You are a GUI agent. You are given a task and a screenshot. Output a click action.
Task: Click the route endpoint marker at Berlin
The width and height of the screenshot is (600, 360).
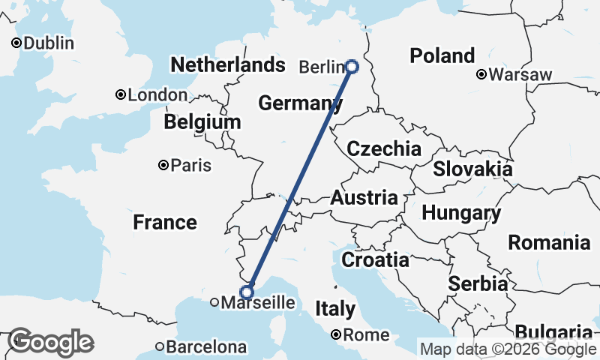point(352,67)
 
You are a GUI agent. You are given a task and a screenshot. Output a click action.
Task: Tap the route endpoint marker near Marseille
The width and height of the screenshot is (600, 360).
point(247,292)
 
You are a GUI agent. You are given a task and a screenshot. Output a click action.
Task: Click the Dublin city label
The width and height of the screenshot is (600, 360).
point(48,43)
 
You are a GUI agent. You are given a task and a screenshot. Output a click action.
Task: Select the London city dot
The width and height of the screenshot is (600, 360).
point(120,94)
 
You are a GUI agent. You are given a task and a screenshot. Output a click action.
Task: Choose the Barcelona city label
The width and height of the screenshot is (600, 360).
point(206,347)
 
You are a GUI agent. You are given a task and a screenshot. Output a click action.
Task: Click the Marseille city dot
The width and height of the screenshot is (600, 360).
point(214,303)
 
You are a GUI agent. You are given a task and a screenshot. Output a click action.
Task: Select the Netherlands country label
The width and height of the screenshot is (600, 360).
point(228,64)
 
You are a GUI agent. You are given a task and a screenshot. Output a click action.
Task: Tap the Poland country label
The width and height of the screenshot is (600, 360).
point(442,55)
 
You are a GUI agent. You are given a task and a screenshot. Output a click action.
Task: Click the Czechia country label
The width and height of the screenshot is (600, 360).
point(384,148)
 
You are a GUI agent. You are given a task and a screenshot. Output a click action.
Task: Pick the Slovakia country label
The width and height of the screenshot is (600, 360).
point(472,169)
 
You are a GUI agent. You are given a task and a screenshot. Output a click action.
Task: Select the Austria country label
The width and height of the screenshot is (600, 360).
point(364,198)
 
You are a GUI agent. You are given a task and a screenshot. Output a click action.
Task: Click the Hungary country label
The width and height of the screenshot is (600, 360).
point(461,213)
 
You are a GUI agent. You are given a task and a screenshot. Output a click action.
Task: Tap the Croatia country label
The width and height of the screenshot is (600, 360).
point(375,260)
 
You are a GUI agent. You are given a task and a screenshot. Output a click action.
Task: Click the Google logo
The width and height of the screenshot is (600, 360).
point(50,342)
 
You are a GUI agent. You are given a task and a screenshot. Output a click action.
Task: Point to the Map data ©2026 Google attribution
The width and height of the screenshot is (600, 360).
point(508,349)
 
